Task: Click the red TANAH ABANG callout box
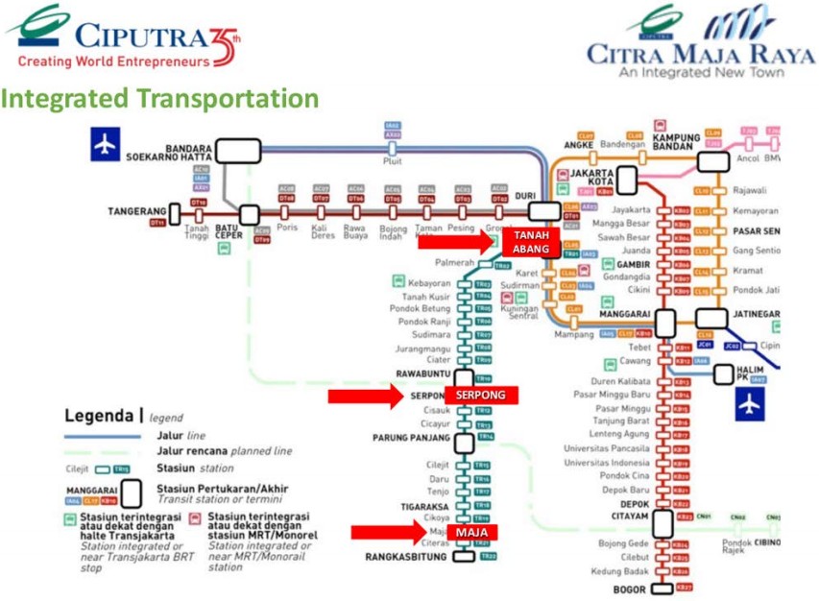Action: [x=530, y=242]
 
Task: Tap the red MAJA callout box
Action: [x=477, y=533]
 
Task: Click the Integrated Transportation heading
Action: [x=159, y=99]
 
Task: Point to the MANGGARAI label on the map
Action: [x=625, y=313]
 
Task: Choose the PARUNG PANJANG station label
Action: [x=411, y=438]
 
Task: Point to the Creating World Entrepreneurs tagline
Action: [x=113, y=61]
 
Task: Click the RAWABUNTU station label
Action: [x=422, y=373]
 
